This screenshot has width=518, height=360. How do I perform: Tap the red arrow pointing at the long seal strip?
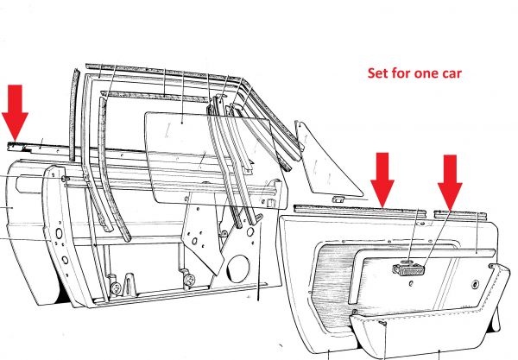(x=382, y=180)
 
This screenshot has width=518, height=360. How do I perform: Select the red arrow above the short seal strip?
(x=450, y=182)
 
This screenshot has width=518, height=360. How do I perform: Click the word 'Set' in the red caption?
(x=378, y=73)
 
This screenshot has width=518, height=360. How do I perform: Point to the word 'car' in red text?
(x=450, y=74)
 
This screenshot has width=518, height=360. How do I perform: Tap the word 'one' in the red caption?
(x=425, y=74)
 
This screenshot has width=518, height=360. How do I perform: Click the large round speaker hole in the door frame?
(x=238, y=268)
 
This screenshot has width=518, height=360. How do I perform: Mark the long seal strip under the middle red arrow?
(x=359, y=211)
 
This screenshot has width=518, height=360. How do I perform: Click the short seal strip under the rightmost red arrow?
(x=460, y=215)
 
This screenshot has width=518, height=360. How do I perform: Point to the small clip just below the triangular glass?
(x=338, y=199)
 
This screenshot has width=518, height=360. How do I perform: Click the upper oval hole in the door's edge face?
(x=59, y=233)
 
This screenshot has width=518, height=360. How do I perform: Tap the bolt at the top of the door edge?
(x=65, y=179)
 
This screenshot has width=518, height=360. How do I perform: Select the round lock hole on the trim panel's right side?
(x=475, y=284)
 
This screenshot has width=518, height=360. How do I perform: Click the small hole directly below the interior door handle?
(x=411, y=283)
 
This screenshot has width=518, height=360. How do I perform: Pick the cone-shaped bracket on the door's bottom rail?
(x=129, y=284)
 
